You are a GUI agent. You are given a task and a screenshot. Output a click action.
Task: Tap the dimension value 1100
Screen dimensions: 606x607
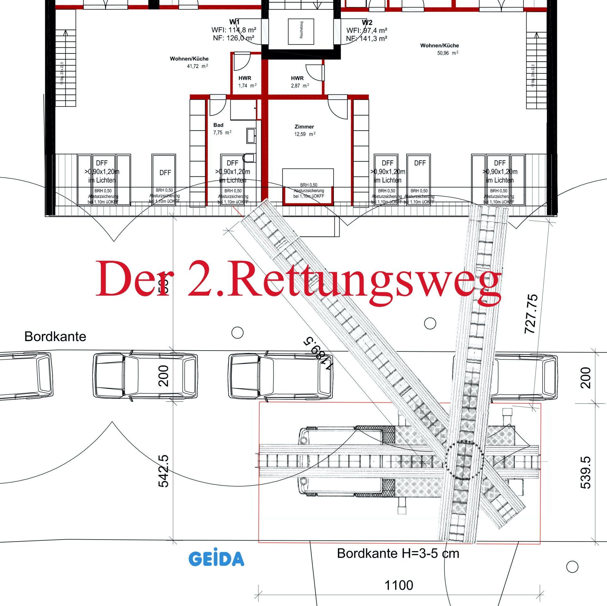[399, 585]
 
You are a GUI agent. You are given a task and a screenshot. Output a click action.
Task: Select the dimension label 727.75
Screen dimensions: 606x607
[531, 314]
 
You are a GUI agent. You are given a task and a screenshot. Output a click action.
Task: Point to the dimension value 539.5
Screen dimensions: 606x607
[586, 472]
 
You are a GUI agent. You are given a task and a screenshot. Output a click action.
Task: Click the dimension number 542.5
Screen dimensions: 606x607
[163, 471]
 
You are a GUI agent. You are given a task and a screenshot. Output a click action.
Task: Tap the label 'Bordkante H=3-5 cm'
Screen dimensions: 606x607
[398, 554]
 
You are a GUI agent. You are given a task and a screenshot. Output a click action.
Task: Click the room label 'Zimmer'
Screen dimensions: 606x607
[304, 127]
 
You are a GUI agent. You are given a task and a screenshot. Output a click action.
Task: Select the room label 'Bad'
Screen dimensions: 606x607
[218, 125]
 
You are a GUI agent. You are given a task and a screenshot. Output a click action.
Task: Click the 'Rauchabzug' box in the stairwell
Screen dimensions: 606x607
[301, 32]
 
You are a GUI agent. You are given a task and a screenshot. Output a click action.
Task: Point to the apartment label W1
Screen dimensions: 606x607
[234, 22]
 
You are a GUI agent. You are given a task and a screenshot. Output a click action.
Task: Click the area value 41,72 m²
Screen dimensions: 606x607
[197, 66]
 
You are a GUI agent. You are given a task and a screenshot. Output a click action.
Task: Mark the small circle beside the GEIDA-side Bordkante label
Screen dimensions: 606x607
[572, 567]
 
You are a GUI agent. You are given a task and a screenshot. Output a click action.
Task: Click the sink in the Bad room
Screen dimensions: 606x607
[251, 135]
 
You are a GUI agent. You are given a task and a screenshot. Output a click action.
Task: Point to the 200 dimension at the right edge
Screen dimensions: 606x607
[586, 378]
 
